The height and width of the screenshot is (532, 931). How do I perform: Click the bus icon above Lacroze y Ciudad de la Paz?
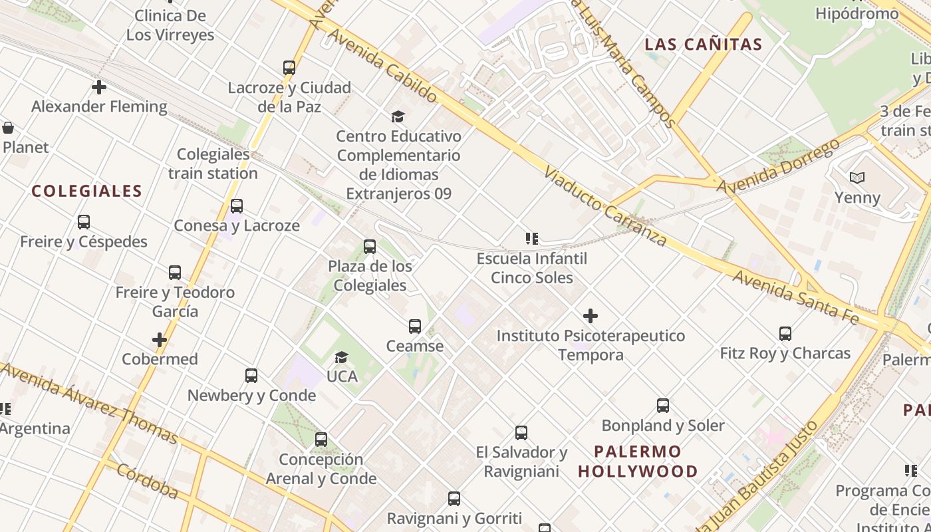coord(289,67)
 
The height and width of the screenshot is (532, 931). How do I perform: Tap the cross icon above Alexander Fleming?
coord(99,87)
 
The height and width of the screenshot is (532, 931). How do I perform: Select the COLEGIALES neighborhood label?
coord(86,192)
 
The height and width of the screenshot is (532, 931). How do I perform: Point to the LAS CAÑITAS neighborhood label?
coord(704,45)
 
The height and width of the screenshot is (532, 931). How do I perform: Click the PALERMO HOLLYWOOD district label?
coord(638,462)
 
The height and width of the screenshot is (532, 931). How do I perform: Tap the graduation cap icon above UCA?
coord(342,357)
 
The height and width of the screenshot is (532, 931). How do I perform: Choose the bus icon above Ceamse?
coord(415,327)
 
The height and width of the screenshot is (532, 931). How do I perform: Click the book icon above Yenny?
coord(857,178)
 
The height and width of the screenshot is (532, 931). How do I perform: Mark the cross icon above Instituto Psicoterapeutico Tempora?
coord(590,316)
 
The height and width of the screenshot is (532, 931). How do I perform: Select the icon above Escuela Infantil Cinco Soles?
coord(531,238)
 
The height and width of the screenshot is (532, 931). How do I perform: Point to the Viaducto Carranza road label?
coord(604,206)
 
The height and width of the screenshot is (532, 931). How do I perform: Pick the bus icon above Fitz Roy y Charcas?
coord(785,333)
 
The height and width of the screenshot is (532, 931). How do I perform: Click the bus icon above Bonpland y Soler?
coord(663,406)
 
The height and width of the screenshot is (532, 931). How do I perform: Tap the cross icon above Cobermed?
coord(160,340)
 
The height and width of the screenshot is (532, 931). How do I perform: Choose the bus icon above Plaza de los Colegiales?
coord(370,247)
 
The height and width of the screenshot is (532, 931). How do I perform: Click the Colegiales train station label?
coord(213,164)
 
